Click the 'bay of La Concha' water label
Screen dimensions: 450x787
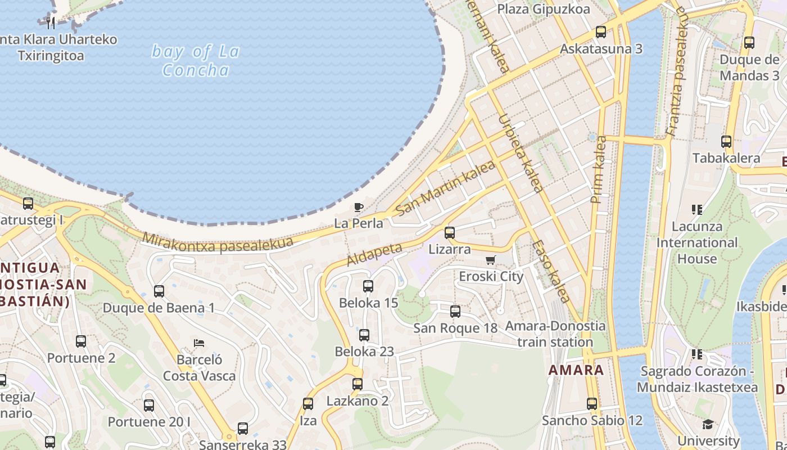click(x=196, y=61)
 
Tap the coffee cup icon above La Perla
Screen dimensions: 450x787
click(x=358, y=208)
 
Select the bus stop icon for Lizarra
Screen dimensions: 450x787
click(x=449, y=232)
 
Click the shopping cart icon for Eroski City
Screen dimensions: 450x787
click(x=490, y=260)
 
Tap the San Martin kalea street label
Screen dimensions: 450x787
click(x=445, y=188)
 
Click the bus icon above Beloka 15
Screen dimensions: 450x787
click(x=368, y=286)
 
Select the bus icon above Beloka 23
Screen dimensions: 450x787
click(x=364, y=335)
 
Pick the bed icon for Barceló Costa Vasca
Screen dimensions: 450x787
click(x=198, y=343)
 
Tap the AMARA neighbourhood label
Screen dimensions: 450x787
click(x=576, y=370)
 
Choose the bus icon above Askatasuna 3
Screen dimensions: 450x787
click(x=601, y=32)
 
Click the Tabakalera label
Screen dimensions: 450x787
click(x=726, y=158)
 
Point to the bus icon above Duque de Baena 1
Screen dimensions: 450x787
click(x=159, y=291)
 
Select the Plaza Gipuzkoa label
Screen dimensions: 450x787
click(x=544, y=9)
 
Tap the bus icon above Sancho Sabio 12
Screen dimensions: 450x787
click(x=592, y=403)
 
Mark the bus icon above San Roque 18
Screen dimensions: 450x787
click(x=455, y=311)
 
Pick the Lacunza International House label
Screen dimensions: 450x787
click(x=697, y=243)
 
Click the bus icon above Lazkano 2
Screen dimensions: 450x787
click(x=358, y=384)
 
